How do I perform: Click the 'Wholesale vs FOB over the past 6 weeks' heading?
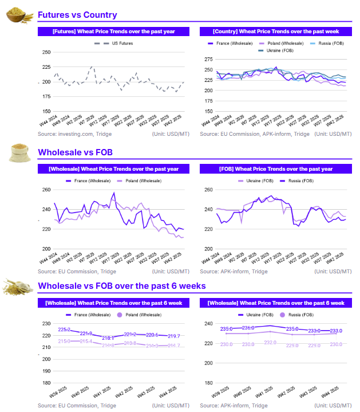121,286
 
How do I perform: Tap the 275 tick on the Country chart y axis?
208,59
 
